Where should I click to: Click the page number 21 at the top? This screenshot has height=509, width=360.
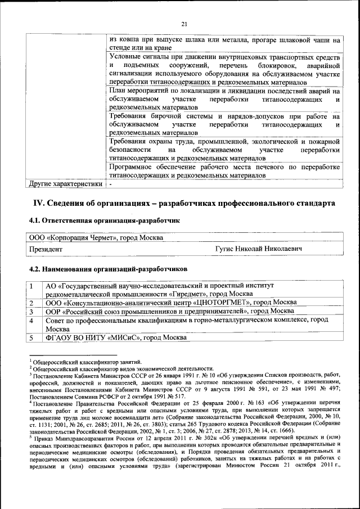(x=184, y=23)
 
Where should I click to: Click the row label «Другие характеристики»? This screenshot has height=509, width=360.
(x=66, y=183)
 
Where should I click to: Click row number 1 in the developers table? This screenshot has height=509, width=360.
(x=33, y=286)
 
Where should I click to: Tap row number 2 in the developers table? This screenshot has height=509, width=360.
(x=33, y=303)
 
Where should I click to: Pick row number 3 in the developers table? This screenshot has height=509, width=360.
(x=33, y=311)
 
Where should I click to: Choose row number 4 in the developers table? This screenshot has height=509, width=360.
(x=33, y=320)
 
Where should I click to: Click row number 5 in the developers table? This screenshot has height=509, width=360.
(x=33, y=337)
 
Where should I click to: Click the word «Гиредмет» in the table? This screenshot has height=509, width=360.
(x=189, y=294)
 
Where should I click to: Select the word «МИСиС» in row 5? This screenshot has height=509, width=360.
(x=123, y=337)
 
